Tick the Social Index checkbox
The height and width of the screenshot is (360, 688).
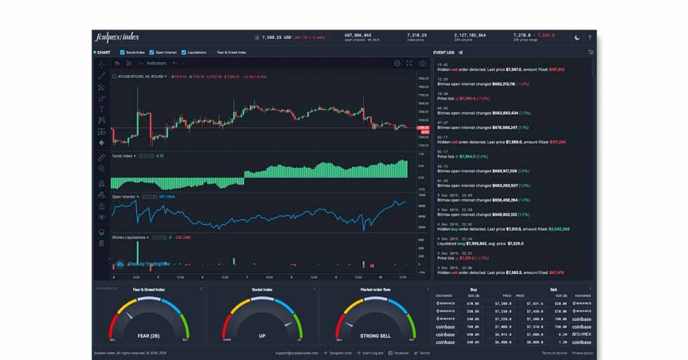[122, 52]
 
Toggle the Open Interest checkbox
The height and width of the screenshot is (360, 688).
[152, 52]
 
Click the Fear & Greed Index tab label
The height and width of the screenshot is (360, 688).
[231, 52]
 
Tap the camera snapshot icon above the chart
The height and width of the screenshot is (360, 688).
[423, 63]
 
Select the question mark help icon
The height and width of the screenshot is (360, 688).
[590, 37]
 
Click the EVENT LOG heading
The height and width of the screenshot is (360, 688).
[444, 52]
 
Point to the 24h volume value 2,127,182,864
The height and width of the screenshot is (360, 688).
[470, 34]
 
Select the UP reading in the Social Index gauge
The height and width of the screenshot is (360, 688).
[262, 335]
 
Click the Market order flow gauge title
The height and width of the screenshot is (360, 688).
[376, 289]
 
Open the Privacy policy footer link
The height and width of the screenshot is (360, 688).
[583, 353]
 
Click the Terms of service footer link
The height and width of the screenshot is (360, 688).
[554, 353]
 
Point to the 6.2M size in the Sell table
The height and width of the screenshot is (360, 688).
[562, 334]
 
